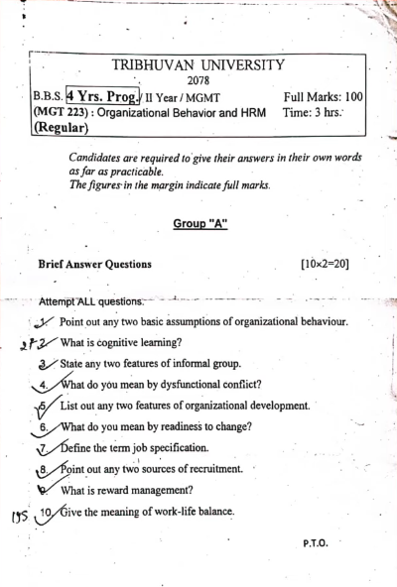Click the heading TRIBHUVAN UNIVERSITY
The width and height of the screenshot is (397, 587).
pyautogui.click(x=198, y=65)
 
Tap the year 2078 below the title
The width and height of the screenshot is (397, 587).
pyautogui.click(x=198, y=80)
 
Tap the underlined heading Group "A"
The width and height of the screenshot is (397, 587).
pyautogui.click(x=200, y=224)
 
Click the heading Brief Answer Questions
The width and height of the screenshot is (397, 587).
pyautogui.click(x=94, y=265)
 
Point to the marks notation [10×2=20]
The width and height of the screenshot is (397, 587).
pyautogui.click(x=324, y=265)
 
